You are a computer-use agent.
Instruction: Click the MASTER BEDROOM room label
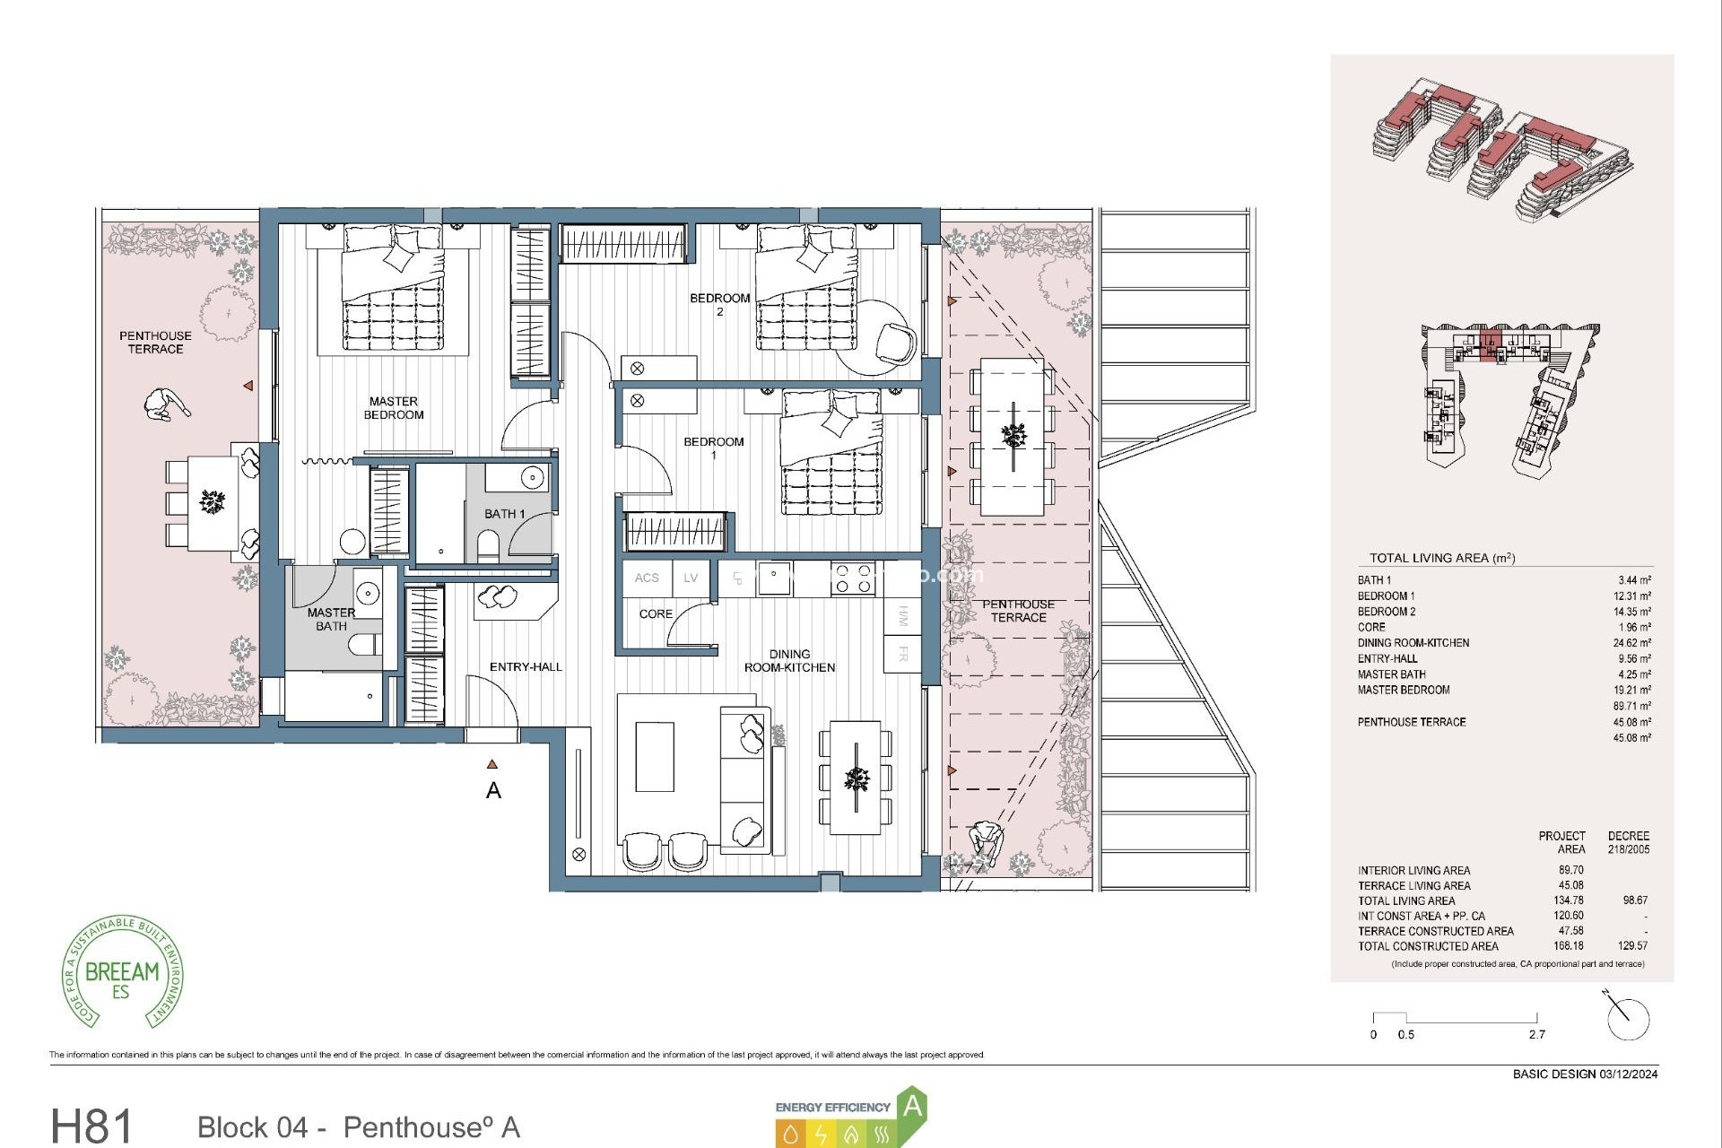pyautogui.click(x=394, y=408)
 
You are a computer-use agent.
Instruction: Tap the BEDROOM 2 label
pyautogui.click(x=719, y=304)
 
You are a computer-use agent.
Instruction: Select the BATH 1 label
pyautogui.click(x=504, y=514)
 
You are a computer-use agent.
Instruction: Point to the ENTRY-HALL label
pyautogui.click(x=526, y=666)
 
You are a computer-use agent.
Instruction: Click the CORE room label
pyautogui.click(x=656, y=614)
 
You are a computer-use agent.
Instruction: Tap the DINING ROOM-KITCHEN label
pyautogui.click(x=789, y=661)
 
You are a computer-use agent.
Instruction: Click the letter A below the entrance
pyautogui.click(x=493, y=791)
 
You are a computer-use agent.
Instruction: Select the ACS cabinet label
pyautogui.click(x=647, y=578)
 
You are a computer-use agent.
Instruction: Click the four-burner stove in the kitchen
pyautogui.click(x=853, y=578)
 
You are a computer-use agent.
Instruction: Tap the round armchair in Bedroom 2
pyautogui.click(x=895, y=342)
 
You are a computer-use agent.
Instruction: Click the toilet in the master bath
pyautogui.click(x=365, y=645)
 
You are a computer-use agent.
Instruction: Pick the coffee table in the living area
pyautogui.click(x=655, y=757)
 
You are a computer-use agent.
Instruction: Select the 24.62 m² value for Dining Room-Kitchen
pyautogui.click(x=1631, y=643)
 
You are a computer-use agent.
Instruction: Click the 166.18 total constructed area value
pyautogui.click(x=1569, y=945)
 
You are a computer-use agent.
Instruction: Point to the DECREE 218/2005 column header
pyautogui.click(x=1628, y=842)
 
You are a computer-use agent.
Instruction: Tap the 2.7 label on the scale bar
pyautogui.click(x=1537, y=1035)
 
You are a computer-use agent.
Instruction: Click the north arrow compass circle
pyautogui.click(x=1629, y=1020)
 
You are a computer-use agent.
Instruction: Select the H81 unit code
pyautogui.click(x=91, y=1126)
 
